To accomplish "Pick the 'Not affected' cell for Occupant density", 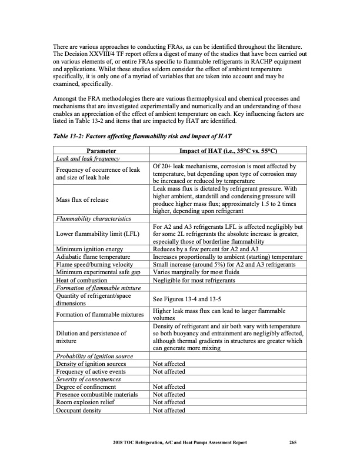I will (x=169, y=410).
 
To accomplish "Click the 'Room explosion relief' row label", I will (x=86, y=402).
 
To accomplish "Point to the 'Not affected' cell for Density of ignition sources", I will (x=169, y=364).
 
